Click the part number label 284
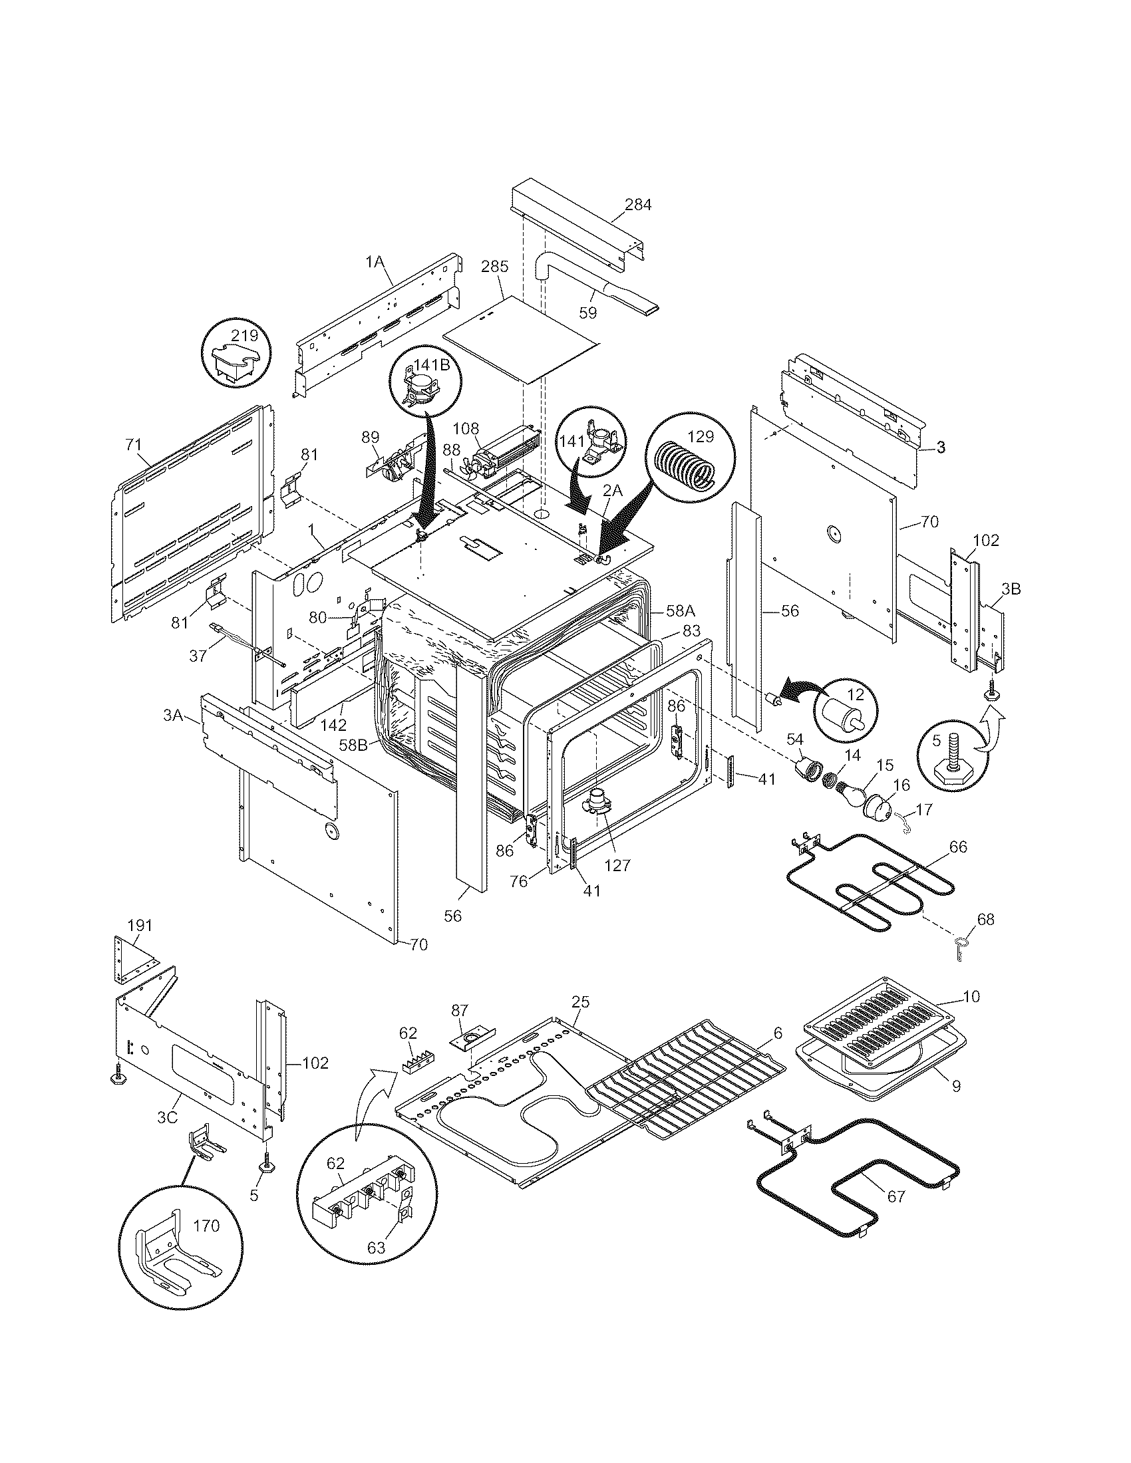point(637,205)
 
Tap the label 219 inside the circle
point(244,334)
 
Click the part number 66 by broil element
point(958,847)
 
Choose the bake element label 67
point(896,1197)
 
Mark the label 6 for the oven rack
point(777,1033)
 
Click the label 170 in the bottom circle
point(206,1226)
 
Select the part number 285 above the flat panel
point(495,266)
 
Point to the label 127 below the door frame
point(617,865)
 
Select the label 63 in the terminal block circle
point(377,1248)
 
